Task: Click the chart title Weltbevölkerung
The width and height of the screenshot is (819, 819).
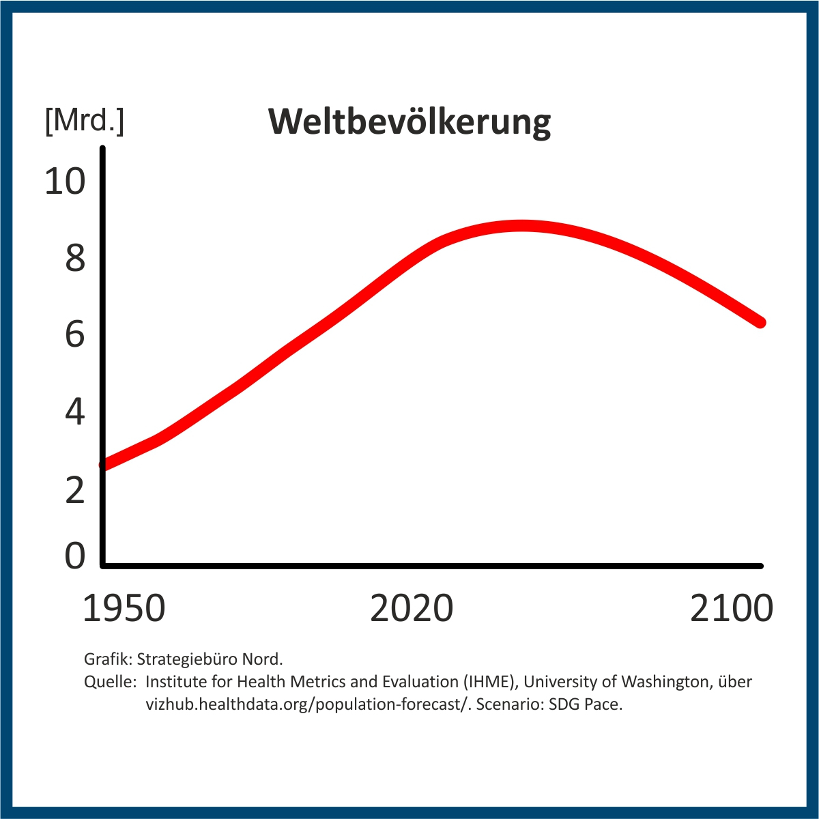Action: pos(409,122)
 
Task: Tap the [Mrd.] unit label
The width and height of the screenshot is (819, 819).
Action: pos(84,121)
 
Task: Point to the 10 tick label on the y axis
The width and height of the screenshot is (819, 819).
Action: pos(66,182)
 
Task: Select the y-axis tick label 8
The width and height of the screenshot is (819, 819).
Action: pos(75,259)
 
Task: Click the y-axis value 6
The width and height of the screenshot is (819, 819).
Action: pos(75,334)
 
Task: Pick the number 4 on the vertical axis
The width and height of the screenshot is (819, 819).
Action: pos(75,412)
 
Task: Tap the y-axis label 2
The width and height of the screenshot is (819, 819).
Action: pos(75,490)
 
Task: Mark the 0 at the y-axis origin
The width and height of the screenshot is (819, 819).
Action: pos(75,556)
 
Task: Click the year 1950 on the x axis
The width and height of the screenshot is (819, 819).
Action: pos(124,609)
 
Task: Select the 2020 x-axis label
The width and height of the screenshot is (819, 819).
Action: pos(412,609)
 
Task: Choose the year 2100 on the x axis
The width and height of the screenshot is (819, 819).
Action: pos(732,609)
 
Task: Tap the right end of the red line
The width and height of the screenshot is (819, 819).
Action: pos(760,322)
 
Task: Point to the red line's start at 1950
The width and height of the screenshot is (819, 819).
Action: pos(104,464)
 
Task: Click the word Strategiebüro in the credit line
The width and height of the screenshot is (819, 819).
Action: pos(180,659)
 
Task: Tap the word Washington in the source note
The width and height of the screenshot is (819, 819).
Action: pos(665,682)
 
